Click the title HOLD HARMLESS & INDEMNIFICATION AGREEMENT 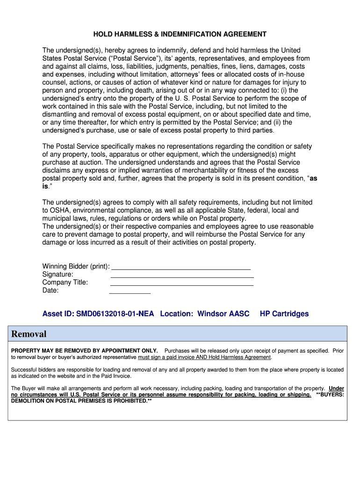pos(180,34)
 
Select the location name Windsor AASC pos(223,313)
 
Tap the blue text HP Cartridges pos(284,313)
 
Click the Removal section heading pos(29,334)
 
